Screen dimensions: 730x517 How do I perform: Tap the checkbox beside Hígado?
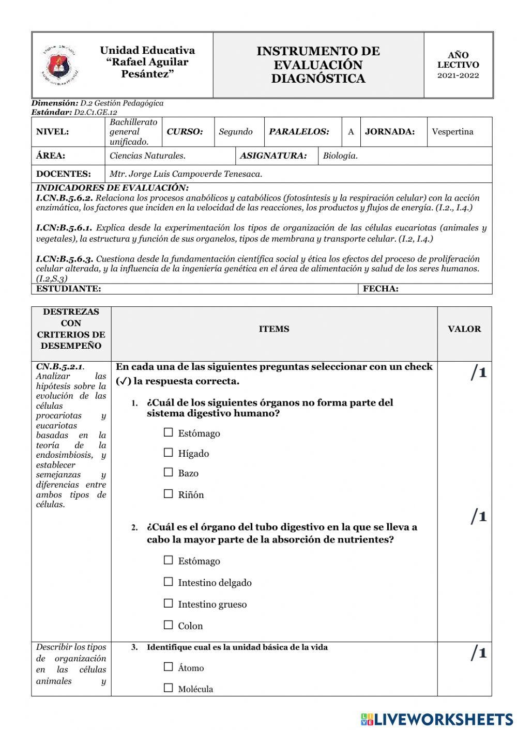point(168,453)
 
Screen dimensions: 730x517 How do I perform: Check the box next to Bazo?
point(168,472)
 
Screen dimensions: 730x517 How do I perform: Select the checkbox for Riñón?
point(168,494)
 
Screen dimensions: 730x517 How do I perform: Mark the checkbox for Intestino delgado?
point(168,582)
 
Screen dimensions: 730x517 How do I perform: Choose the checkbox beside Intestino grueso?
point(168,603)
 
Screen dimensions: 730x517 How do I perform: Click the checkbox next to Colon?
point(168,625)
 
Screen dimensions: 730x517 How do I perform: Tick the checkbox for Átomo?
point(168,667)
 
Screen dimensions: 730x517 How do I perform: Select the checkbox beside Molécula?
point(168,688)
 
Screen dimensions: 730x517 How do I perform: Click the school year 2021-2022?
point(458,75)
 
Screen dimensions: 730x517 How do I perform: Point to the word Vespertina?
point(452,132)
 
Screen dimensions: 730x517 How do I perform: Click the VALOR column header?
point(464,329)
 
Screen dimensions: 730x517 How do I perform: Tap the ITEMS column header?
point(274,329)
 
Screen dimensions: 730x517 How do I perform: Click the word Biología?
point(340,156)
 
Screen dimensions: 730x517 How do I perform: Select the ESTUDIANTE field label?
point(68,289)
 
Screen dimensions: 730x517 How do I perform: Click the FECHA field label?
point(381,289)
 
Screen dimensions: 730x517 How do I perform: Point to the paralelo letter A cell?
point(351,132)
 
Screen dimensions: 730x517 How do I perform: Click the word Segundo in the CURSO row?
point(236,132)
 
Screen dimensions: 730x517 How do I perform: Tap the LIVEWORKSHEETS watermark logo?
point(436,719)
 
